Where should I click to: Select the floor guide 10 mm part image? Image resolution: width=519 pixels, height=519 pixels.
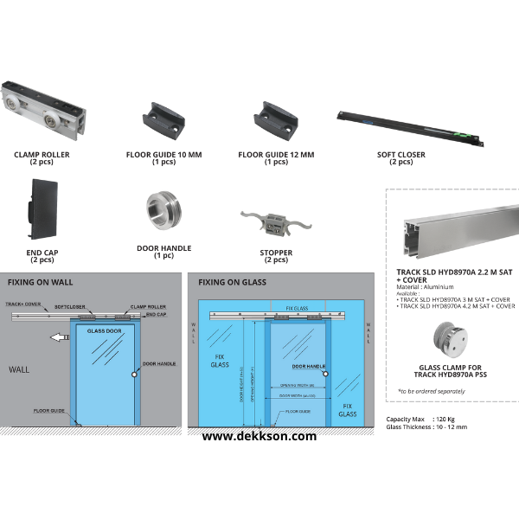pos(160,120)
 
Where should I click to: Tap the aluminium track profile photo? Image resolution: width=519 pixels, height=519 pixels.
pos(451,232)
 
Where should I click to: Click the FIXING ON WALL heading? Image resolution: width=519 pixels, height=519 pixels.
pos(41,282)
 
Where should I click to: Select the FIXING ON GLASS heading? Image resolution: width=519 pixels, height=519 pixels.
pos(232,282)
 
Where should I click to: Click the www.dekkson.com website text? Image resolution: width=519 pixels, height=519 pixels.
pos(259,437)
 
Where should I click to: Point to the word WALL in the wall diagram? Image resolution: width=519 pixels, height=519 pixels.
pos(19,368)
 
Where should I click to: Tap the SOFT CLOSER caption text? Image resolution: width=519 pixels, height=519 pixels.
pos(400,155)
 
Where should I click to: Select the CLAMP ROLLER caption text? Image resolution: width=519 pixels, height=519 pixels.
pos(42,155)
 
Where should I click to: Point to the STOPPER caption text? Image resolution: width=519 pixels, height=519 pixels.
pos(276,253)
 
